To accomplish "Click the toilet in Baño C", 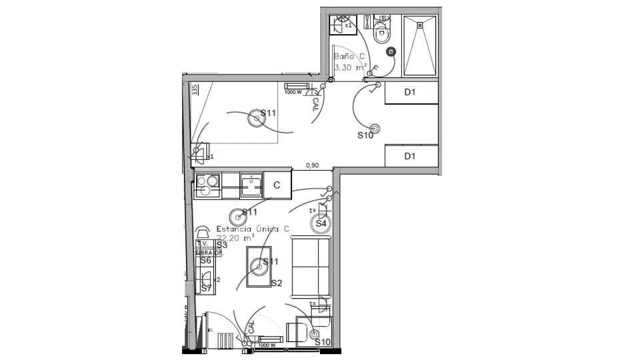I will (x=382, y=33).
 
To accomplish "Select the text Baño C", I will (x=349, y=57).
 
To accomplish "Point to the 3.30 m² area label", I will (x=350, y=67).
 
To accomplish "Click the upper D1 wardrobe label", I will (x=410, y=93).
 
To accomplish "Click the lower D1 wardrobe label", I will (x=410, y=156).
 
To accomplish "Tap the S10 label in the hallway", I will (x=365, y=135).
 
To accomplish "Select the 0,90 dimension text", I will (x=312, y=165).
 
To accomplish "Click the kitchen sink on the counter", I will (x=251, y=185).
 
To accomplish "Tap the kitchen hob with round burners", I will (x=208, y=185).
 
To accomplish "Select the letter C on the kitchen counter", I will (x=277, y=185).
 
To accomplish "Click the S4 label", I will (x=321, y=223).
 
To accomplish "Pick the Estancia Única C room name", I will (x=253, y=229).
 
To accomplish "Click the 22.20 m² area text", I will (x=236, y=237).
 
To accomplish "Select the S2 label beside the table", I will (x=276, y=283).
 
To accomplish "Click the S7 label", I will (x=206, y=288).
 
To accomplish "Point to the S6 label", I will (x=205, y=261).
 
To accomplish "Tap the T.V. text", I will (x=203, y=245).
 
